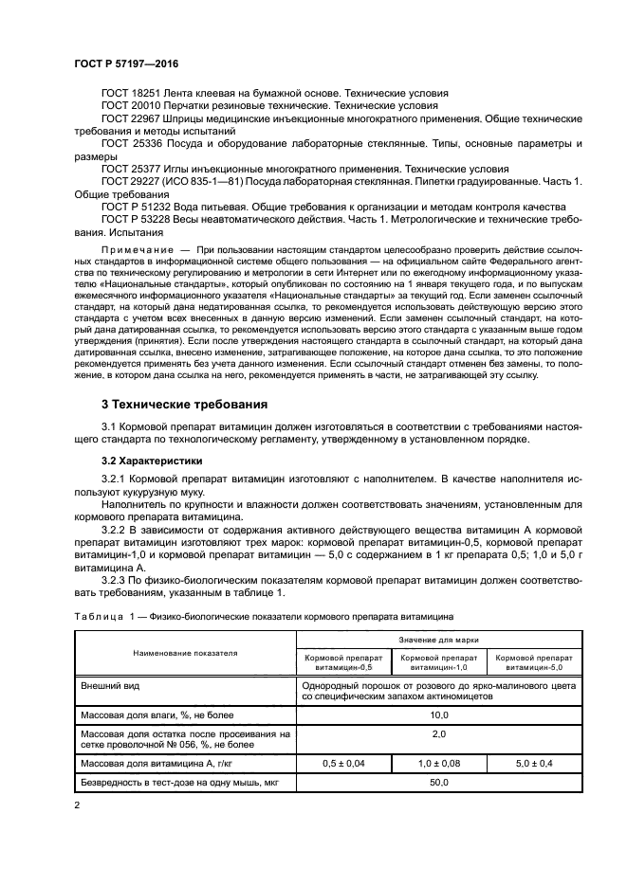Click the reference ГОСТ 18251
[132, 93]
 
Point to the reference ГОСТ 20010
[132, 106]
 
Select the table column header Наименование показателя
[186, 653]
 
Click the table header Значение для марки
[439, 642]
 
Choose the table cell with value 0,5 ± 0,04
[343, 763]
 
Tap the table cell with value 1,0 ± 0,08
[439, 763]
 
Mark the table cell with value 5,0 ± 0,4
[533, 763]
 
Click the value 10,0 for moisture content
[439, 714]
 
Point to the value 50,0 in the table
[439, 783]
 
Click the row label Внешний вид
[106, 683]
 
